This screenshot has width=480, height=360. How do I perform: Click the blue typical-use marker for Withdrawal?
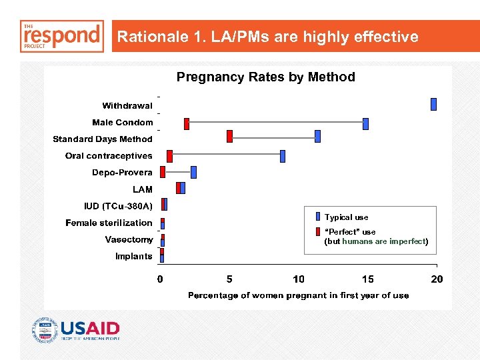(x=433, y=104)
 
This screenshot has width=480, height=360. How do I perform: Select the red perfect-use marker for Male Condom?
(x=187, y=123)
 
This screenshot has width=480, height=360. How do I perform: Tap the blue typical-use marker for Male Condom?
(x=365, y=123)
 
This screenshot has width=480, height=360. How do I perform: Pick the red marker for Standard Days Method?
(x=230, y=136)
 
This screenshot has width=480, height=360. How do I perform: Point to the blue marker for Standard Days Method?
(x=317, y=136)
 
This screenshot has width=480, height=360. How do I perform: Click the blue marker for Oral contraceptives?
(x=283, y=156)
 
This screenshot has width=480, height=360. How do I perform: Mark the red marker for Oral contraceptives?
(x=169, y=156)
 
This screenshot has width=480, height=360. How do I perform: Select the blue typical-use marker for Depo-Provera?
(x=193, y=172)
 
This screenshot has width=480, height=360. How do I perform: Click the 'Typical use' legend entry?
(x=346, y=217)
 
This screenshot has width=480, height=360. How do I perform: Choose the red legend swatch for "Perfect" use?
(x=317, y=232)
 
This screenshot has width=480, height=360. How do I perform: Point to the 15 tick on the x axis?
(x=368, y=279)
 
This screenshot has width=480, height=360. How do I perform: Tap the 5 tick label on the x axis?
(x=229, y=279)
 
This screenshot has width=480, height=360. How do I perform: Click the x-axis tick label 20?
(x=437, y=279)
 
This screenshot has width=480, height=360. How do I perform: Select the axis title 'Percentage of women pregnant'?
(x=298, y=295)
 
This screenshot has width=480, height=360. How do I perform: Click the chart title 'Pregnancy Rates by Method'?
(x=265, y=77)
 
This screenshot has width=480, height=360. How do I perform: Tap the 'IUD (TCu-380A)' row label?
(x=118, y=206)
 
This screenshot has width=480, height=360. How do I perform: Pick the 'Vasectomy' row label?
(x=129, y=239)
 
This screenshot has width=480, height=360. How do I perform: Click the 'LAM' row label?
(x=142, y=189)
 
